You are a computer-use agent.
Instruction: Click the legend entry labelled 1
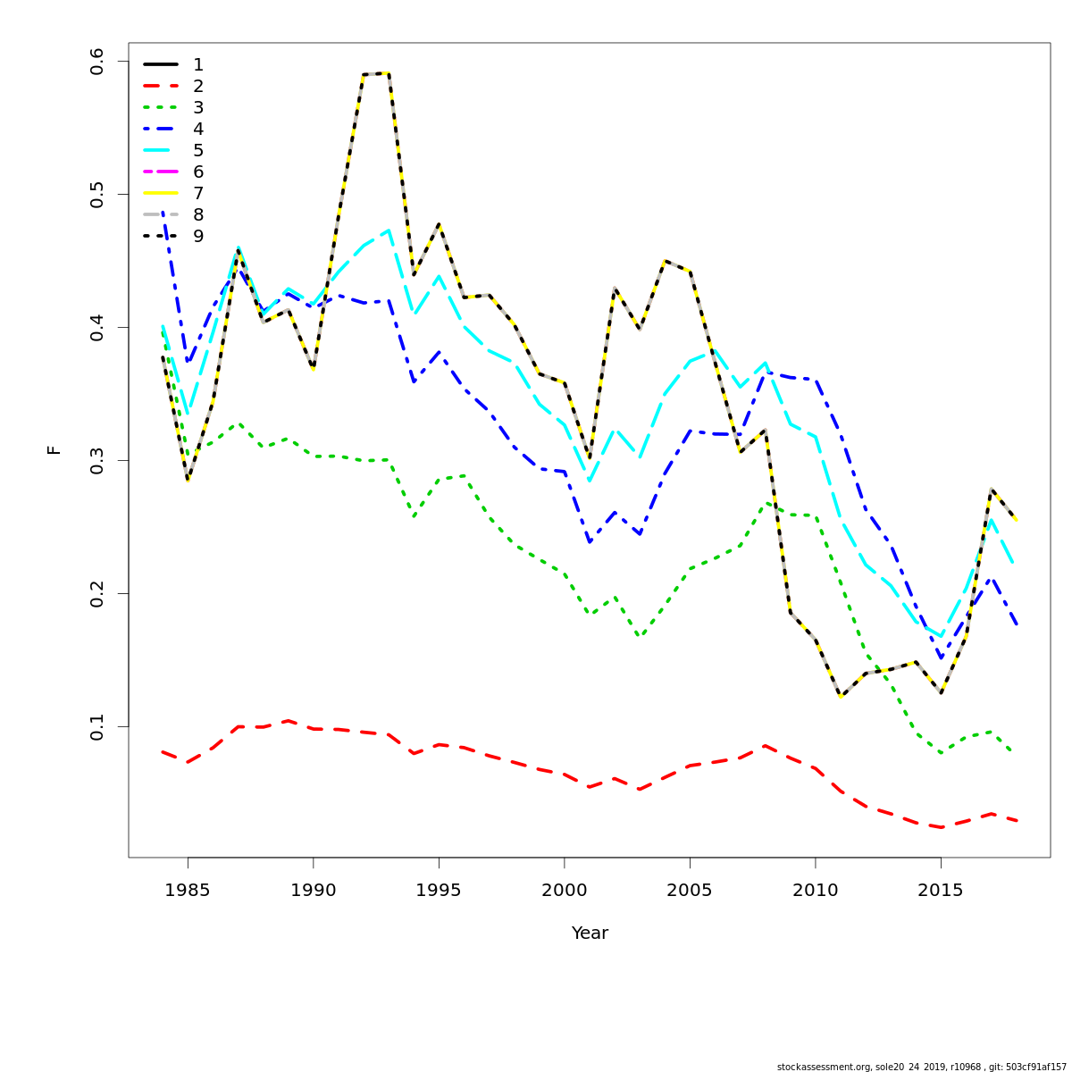(173, 64)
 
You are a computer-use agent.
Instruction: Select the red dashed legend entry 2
(173, 86)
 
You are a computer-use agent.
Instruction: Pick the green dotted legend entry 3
(173, 107)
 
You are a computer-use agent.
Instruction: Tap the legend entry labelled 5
(173, 150)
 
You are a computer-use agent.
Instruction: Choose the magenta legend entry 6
(173, 172)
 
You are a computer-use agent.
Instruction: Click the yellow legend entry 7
(173, 193)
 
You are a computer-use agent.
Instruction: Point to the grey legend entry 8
(173, 214)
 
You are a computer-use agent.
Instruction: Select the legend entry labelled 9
(173, 236)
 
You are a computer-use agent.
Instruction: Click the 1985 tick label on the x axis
(188, 891)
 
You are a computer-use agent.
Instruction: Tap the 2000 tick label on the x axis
(565, 891)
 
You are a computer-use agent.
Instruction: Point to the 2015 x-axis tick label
(941, 891)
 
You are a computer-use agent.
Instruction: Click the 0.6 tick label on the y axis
(97, 62)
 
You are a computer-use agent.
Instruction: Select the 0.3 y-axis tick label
(97, 461)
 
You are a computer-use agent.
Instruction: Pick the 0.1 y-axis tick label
(97, 726)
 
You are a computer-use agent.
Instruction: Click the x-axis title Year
(590, 934)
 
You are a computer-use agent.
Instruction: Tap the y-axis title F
(54, 450)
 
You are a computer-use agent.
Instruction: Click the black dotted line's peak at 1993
(389, 73)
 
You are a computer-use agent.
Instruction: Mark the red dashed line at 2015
(941, 827)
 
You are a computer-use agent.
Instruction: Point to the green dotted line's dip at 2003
(640, 637)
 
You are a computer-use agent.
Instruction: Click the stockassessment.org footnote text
(921, 1067)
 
